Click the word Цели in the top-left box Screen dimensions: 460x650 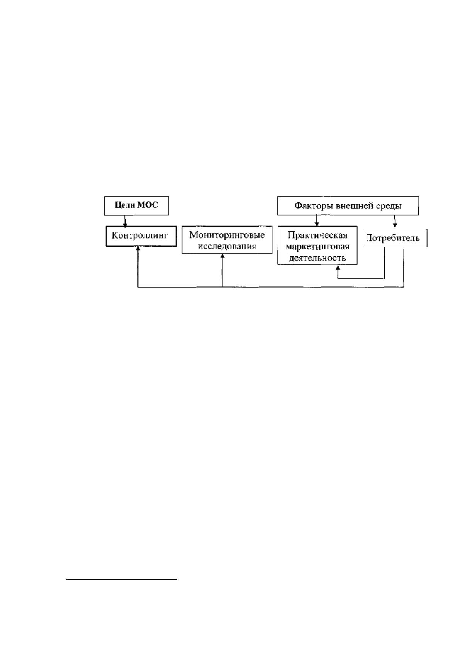click(125, 205)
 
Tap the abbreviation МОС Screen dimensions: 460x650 click(148, 205)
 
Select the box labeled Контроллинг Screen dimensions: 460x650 click(141, 236)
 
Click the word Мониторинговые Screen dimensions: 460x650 click(227, 235)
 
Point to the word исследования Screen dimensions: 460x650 click(227, 246)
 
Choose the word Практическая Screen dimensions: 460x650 click(317, 235)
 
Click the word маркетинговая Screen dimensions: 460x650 click(317, 247)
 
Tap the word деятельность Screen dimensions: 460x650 click(317, 258)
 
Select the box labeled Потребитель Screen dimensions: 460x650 click(395, 238)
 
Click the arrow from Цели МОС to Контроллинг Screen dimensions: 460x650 click(125, 221)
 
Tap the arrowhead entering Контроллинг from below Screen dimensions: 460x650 click(138, 249)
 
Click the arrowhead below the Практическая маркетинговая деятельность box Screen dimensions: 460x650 click(338, 267)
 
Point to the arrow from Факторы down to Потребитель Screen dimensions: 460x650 click(395, 221)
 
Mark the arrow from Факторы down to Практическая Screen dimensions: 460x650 click(317, 220)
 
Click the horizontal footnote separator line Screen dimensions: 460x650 click(121, 579)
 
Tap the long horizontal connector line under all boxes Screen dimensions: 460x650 click(271, 287)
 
